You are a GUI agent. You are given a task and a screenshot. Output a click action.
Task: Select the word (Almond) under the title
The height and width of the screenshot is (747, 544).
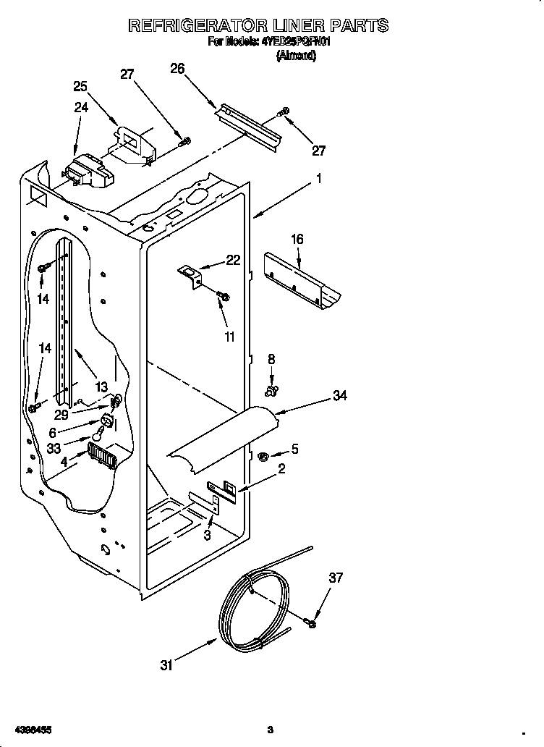[296, 56]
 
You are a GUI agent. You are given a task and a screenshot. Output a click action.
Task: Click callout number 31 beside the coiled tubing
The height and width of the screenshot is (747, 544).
[167, 665]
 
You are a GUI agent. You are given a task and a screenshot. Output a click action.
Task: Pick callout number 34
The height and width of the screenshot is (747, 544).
[339, 395]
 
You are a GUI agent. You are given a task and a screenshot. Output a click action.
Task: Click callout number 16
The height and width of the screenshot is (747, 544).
[297, 239]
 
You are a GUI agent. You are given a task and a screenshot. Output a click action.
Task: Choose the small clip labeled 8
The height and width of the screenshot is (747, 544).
[272, 392]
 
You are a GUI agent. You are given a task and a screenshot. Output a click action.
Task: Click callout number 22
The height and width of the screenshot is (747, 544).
[233, 261]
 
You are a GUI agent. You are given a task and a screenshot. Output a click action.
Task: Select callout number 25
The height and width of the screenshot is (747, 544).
[80, 86]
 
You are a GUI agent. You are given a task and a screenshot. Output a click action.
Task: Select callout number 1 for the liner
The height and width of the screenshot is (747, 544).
[318, 178]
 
